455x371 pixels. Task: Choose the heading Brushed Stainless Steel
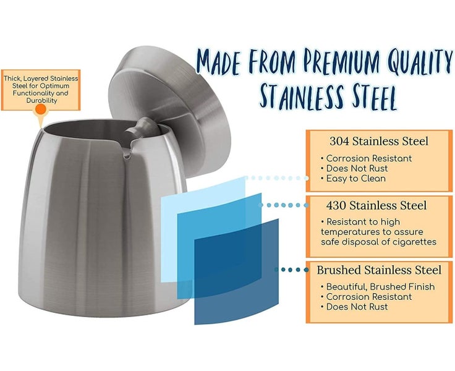pos(379,270)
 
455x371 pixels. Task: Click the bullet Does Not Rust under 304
pos(354,169)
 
